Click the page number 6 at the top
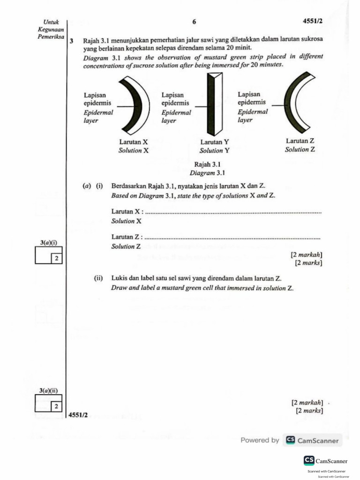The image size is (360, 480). tap(194, 22)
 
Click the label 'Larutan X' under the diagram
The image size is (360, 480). tap(134, 142)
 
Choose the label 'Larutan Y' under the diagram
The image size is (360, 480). tap(215, 142)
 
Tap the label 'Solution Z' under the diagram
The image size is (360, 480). tap(300, 150)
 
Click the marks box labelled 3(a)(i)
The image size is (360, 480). tap(49, 256)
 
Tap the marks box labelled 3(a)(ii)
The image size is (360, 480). tap(49, 404)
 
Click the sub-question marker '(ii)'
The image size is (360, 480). tap(98, 278)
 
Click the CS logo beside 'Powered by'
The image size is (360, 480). tap(291, 440)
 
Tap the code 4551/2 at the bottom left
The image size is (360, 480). tap(78, 415)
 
